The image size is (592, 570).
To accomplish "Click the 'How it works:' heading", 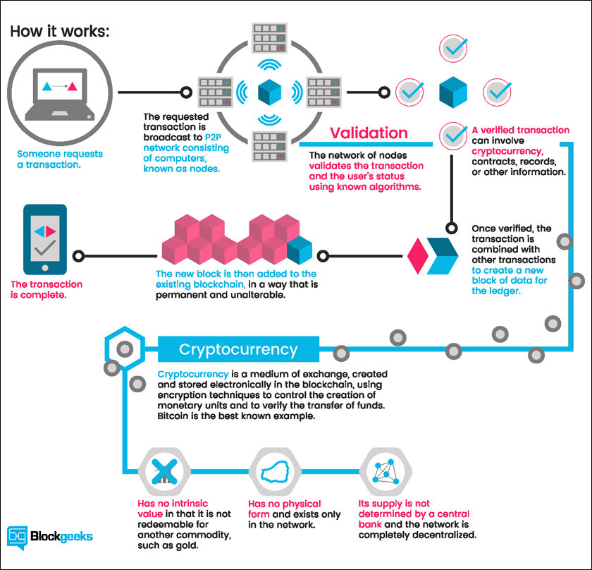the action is [x=60, y=31].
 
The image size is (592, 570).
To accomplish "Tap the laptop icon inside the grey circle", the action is [x=60, y=95].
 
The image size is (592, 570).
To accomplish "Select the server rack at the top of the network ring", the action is [x=269, y=38].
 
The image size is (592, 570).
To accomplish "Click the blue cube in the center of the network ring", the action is [x=269, y=92].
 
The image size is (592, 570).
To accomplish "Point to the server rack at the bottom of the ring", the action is [x=269, y=146].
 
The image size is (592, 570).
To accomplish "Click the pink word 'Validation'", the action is [x=369, y=133].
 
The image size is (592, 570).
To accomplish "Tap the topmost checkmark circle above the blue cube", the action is [x=453, y=49].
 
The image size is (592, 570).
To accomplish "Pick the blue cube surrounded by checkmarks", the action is [x=453, y=92].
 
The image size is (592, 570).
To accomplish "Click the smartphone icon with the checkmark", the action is [x=45, y=240].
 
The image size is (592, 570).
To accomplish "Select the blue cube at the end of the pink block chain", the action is [x=300, y=250].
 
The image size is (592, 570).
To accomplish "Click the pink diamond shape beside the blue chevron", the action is [x=417, y=256].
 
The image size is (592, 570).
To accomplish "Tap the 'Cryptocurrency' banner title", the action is [x=238, y=349].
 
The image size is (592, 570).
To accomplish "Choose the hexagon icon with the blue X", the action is [x=164, y=472].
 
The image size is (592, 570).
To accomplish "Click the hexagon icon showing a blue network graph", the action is [x=386, y=472].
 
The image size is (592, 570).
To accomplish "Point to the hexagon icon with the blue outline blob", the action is [x=276, y=472].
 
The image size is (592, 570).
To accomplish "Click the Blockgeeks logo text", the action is [x=61, y=536].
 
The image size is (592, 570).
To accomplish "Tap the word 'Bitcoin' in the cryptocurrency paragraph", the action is [x=172, y=416].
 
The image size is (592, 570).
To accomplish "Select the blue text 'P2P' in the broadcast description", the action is [x=213, y=137].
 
